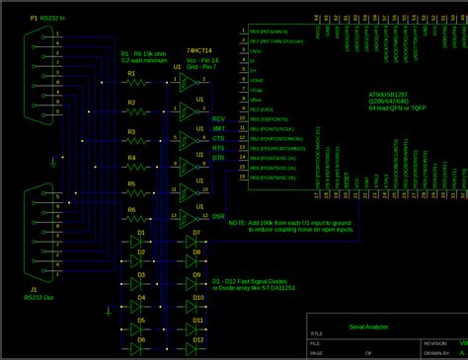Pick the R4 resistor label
(131, 156)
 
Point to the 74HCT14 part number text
(200, 49)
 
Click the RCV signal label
(219, 118)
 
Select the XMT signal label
(219, 129)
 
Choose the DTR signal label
(218, 158)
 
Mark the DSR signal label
(218, 215)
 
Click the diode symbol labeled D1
(137, 242)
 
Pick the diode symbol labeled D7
(195, 242)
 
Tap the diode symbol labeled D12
(195, 349)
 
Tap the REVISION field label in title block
(437, 343)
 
